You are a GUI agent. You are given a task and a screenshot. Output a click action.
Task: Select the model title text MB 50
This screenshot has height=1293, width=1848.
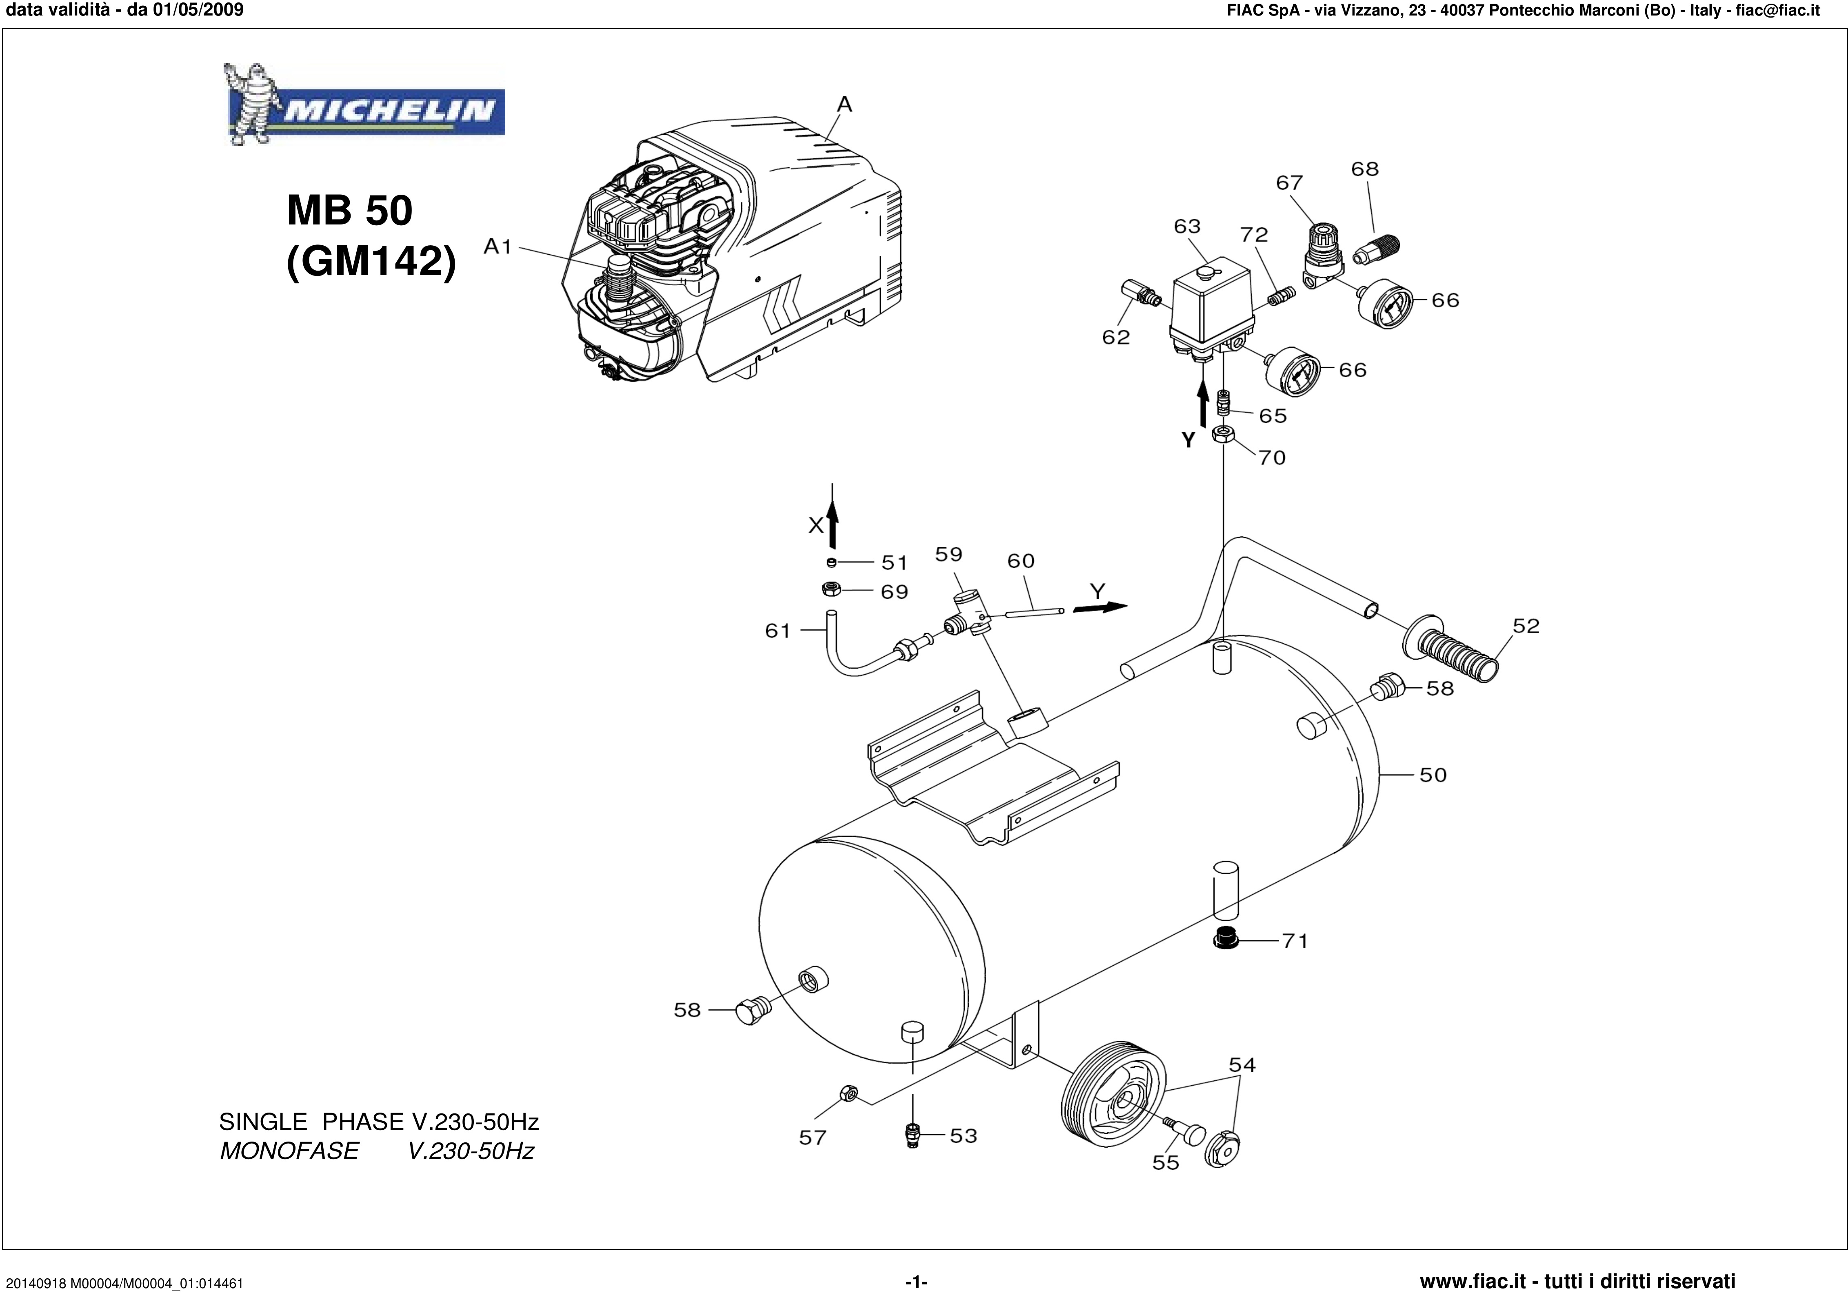click(349, 211)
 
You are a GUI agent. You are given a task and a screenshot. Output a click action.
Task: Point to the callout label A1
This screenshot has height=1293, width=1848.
click(498, 247)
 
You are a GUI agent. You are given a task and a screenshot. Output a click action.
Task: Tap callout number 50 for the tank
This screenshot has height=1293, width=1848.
click(1433, 775)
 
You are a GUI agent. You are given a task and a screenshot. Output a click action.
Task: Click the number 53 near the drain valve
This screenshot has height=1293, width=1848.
click(964, 1136)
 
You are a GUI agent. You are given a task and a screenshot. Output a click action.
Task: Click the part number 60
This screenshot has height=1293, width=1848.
click(1021, 561)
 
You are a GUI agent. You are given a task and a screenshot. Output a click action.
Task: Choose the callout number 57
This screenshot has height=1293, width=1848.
click(812, 1137)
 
